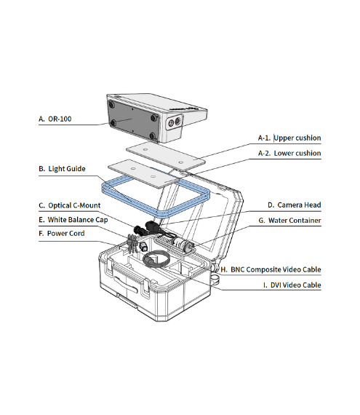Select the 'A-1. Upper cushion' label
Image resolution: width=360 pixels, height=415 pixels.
tap(289, 138)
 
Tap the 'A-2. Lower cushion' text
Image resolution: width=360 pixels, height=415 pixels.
tap(289, 154)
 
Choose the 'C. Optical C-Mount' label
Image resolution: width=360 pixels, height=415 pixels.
tap(69, 205)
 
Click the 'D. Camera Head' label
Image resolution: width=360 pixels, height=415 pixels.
tap(293, 205)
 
